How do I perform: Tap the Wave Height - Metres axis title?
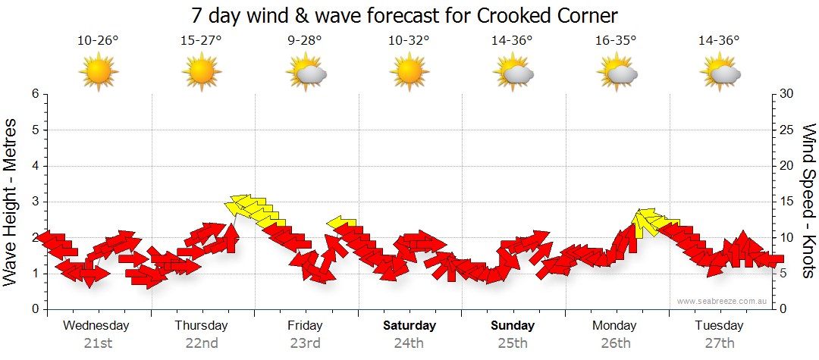pyautogui.click(x=11, y=202)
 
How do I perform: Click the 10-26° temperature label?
pyautogui.click(x=98, y=41)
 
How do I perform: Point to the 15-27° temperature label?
pyautogui.click(x=201, y=41)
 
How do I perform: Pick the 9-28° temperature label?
pyautogui.click(x=305, y=41)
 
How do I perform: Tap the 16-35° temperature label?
pyautogui.click(x=615, y=41)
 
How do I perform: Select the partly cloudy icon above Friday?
pyautogui.click(x=306, y=74)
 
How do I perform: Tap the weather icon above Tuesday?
pyautogui.click(x=720, y=74)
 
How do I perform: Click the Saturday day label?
pyautogui.click(x=409, y=326)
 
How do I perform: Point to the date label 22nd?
pyautogui.click(x=201, y=343)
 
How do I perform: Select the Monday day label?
pyautogui.click(x=615, y=326)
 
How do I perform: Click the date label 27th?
pyautogui.click(x=719, y=343)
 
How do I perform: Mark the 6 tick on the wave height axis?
pyautogui.click(x=34, y=94)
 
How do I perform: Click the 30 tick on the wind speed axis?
pyautogui.click(x=786, y=94)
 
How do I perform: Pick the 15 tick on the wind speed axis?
pyautogui.click(x=786, y=202)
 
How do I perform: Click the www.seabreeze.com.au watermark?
pyautogui.click(x=723, y=301)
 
